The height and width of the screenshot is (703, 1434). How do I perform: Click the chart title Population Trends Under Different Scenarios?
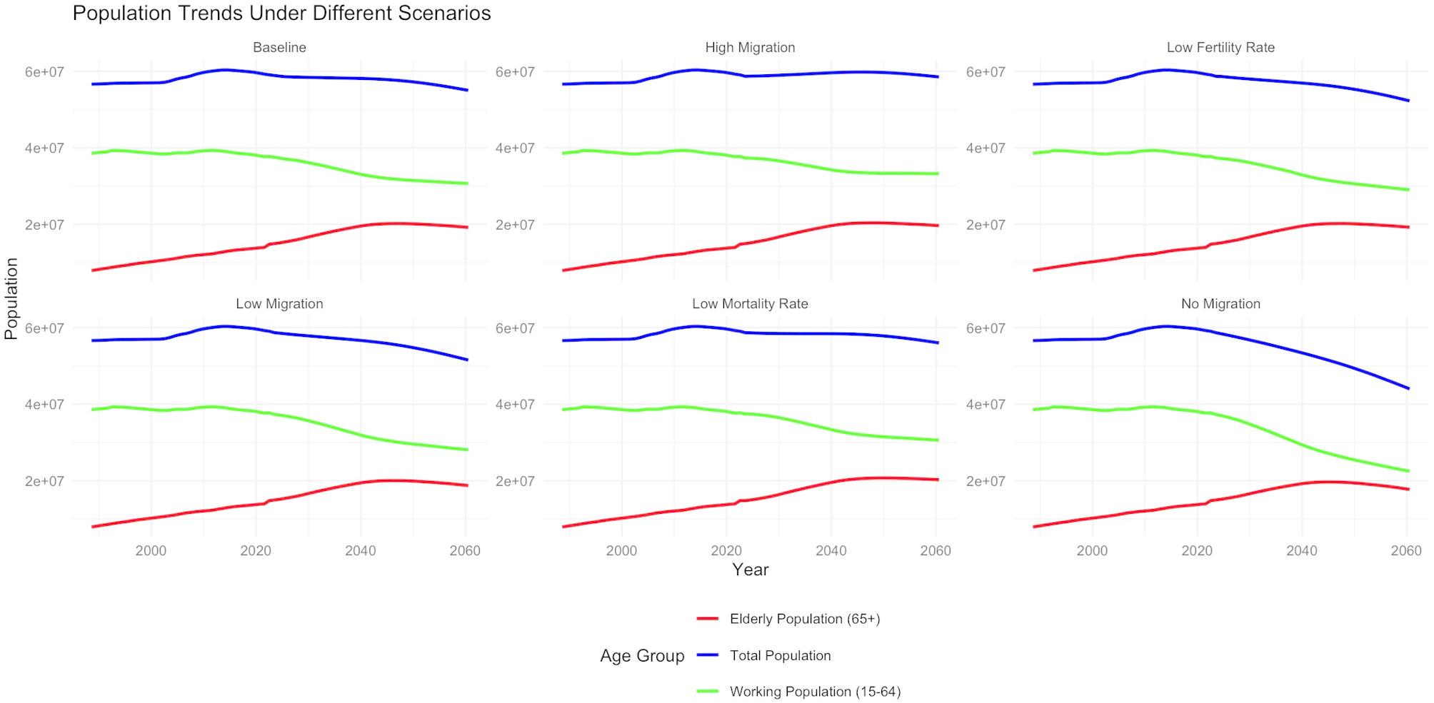tap(281, 13)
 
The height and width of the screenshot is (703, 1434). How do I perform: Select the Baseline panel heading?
tap(279, 47)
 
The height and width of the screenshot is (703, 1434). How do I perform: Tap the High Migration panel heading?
tap(750, 47)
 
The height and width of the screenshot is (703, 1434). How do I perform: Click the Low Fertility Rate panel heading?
tap(1220, 47)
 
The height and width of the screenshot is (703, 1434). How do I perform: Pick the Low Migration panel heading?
tap(279, 303)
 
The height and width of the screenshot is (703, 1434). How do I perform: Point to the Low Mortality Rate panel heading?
tap(750, 303)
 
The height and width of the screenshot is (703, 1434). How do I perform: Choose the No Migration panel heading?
tap(1220, 303)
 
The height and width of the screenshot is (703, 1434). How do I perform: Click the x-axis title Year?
tap(750, 570)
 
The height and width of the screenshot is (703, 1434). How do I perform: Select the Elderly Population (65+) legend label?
tap(805, 619)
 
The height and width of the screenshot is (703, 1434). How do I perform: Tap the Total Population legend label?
tap(780, 655)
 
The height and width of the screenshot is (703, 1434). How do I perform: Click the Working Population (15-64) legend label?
tap(815, 692)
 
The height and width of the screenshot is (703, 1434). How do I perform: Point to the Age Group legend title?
tap(642, 656)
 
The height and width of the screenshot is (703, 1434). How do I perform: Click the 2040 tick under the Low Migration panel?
tap(361, 550)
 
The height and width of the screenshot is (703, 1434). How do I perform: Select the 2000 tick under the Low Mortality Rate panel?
tap(621, 550)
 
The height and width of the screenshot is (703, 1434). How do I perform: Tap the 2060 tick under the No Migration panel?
tap(1406, 550)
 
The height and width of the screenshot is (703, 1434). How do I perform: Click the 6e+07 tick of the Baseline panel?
tap(44, 72)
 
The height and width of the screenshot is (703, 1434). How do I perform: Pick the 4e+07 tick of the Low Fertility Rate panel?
tap(986, 148)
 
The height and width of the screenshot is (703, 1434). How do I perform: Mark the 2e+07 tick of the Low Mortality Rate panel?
tap(515, 481)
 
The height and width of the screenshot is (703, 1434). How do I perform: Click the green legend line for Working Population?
tap(707, 692)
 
